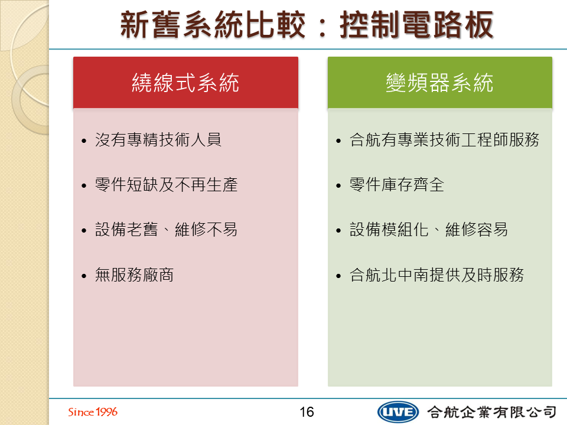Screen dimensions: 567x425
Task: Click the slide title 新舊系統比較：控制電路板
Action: click(307, 25)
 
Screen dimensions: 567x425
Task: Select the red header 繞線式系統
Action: click(185, 83)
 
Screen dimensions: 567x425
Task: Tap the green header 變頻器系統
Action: click(439, 83)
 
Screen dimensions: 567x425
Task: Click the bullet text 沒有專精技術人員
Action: click(158, 139)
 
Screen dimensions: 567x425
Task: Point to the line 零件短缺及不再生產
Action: click(166, 185)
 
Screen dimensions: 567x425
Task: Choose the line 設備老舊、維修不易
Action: click(166, 230)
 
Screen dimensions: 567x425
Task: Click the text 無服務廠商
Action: click(134, 274)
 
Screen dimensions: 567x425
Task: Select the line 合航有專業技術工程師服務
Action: click(444, 139)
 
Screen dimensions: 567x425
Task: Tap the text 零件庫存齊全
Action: click(397, 185)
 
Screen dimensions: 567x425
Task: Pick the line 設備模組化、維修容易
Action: click(429, 230)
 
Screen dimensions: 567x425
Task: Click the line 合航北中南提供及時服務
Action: click(436, 274)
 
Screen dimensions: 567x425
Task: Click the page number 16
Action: click(307, 411)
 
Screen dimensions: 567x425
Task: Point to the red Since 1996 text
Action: click(93, 411)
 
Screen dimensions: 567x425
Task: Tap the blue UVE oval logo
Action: click(397, 412)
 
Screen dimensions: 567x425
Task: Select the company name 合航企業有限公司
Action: click(492, 412)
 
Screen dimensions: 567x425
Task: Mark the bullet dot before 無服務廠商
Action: click(84, 276)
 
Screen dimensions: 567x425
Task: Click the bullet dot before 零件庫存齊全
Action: click(338, 186)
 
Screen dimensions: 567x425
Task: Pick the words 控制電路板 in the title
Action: click(416, 25)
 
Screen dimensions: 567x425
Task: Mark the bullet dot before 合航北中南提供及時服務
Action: click(338, 276)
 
